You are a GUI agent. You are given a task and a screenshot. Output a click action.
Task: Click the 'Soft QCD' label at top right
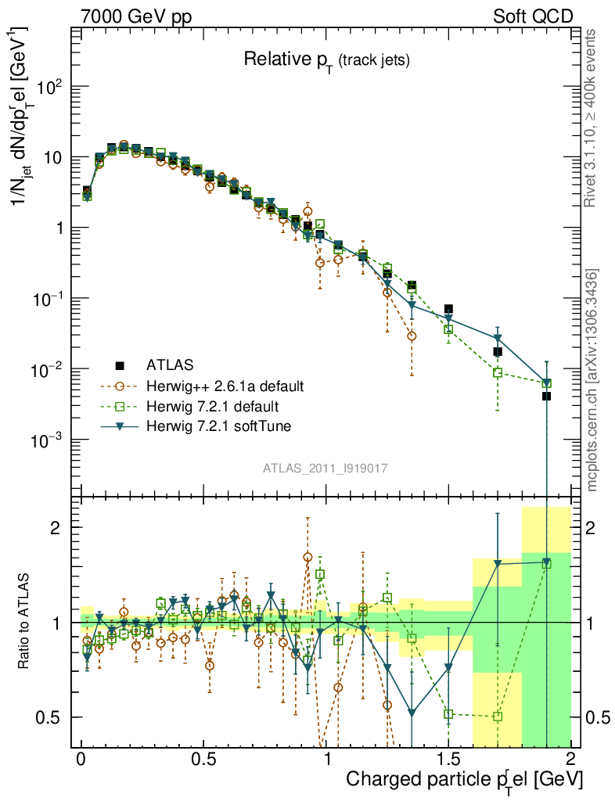coord(533,16)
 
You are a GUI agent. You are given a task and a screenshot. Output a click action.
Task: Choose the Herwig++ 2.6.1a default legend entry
coord(225,386)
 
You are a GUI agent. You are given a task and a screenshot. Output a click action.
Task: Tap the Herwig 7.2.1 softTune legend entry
coord(217,427)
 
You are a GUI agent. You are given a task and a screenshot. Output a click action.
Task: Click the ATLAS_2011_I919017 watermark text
coord(325,468)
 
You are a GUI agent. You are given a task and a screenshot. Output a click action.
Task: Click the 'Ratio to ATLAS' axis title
coord(25,622)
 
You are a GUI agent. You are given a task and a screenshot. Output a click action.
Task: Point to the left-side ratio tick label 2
coord(56,528)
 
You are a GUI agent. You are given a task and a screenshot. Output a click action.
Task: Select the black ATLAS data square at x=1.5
coord(448,309)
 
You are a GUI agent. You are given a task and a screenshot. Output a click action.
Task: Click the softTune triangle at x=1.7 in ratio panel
coord(498,563)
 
